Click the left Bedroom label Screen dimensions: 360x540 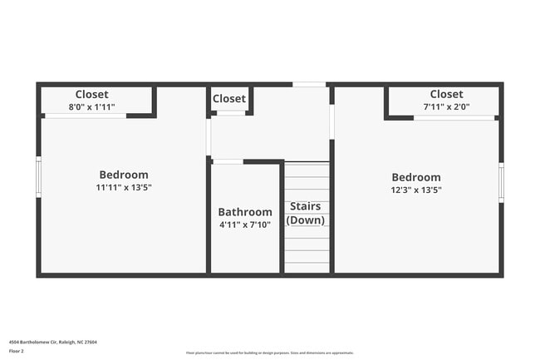pos(124,175)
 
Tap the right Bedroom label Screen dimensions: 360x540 pos(416,177)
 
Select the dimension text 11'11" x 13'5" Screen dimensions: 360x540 pos(124,188)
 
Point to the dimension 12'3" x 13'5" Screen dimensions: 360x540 pos(416,190)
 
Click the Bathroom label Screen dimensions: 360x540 pos(245,212)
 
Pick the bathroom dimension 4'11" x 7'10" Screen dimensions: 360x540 pos(245,224)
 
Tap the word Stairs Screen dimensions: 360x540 pos(305,206)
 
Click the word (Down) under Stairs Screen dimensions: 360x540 pos(305,220)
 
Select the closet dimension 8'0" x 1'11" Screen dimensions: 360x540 pos(91,106)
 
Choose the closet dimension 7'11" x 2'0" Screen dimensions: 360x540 pos(447,106)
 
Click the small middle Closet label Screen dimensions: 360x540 pos(229,98)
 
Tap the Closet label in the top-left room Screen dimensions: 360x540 pos(91,94)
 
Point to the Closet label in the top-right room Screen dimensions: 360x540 pos(447,94)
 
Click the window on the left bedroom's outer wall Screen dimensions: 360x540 pos(38,177)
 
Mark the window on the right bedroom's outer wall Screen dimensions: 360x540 pos(501,182)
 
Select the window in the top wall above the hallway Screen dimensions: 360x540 pos(309,84)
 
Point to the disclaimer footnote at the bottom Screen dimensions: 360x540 pos(270,353)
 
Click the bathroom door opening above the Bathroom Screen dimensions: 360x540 pos(228,161)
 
